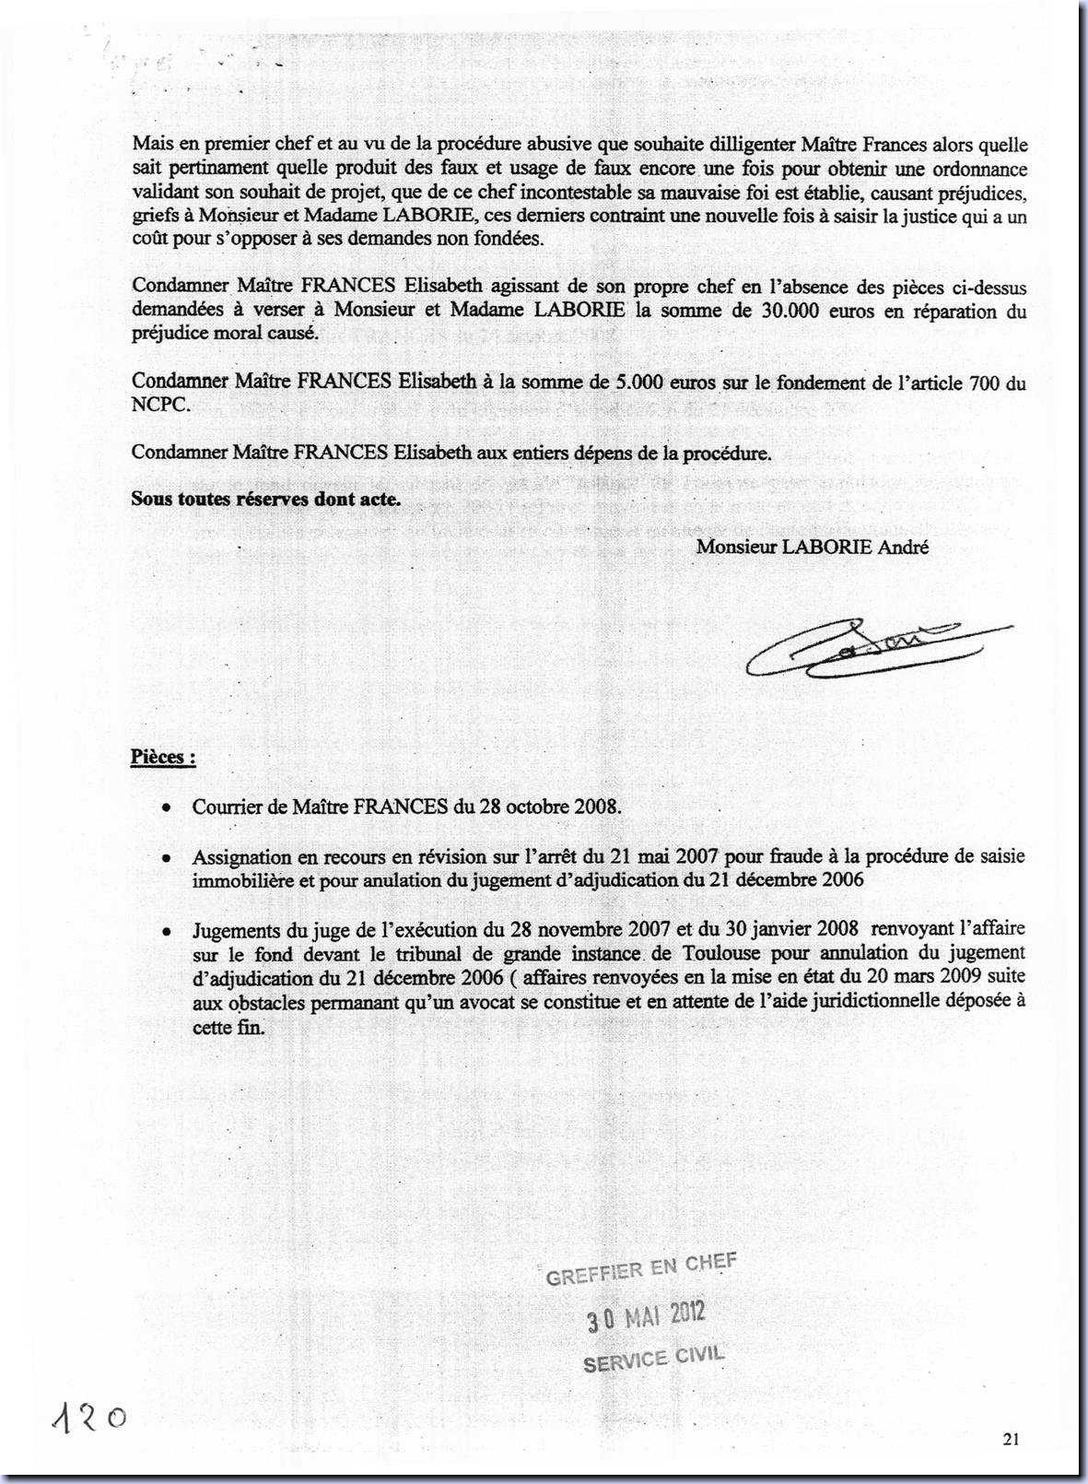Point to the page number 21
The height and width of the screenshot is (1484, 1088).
coord(1012,1439)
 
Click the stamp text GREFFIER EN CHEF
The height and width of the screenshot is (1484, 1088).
coord(641,1269)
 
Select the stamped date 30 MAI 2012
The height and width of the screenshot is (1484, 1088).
coord(647,1315)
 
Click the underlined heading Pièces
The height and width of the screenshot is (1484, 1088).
coord(162,758)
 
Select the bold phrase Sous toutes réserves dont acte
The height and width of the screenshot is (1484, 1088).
coord(265,500)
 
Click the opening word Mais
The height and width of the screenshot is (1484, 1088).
coord(152,145)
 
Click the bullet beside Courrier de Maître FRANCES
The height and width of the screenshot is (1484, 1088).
coord(165,807)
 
